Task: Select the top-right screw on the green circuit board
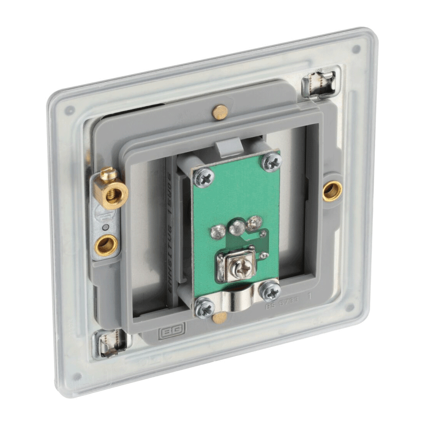[272, 161]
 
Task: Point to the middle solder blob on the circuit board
[237, 225]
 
